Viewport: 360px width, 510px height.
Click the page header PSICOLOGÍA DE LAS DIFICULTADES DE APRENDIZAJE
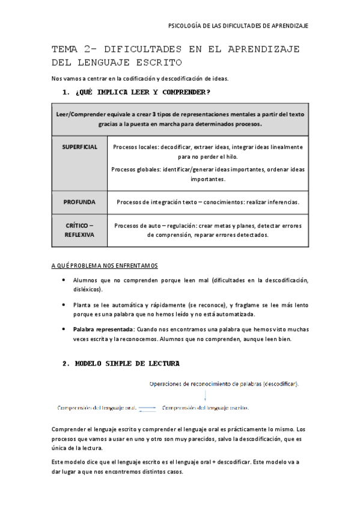pos(238,26)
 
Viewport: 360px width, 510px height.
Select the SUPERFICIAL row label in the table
pos(79,147)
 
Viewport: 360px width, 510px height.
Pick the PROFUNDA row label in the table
pos(79,202)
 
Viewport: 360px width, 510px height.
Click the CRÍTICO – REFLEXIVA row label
pos(79,230)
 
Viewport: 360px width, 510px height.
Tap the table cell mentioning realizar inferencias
pos(207,202)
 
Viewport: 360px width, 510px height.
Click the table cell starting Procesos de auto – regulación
pos(207,230)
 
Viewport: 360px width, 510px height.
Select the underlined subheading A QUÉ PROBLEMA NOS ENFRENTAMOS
pos(105,265)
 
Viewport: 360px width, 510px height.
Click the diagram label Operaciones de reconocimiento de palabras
pos(225,384)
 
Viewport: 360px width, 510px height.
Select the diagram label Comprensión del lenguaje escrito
pos(206,407)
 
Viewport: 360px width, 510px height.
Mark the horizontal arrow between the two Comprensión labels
pos(148,408)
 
